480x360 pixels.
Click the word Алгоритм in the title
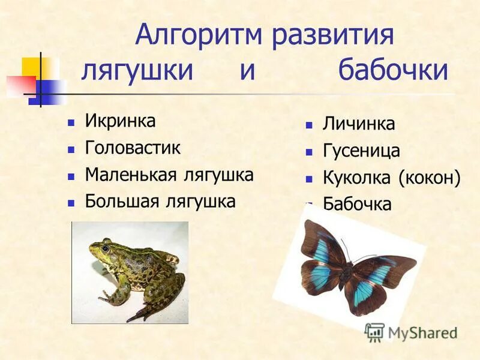[199, 35]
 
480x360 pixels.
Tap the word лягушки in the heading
[137, 71]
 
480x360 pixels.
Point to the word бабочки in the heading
[393, 71]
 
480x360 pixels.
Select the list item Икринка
[120, 121]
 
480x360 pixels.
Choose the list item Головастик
[133, 148]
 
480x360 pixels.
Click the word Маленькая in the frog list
[130, 175]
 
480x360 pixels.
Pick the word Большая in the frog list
[123, 201]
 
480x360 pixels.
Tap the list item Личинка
[359, 124]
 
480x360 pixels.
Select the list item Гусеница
[361, 151]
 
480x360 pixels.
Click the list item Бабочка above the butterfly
[357, 204]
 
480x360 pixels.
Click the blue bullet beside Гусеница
[309, 152]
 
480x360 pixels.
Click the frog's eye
[106, 247]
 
